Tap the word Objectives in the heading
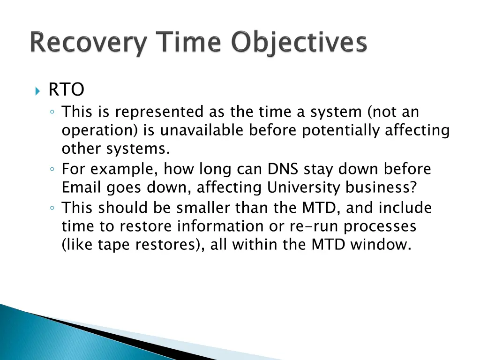click(299, 43)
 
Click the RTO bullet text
click(66, 90)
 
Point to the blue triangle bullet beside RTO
click(37, 91)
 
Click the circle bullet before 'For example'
click(52, 169)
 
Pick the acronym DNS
click(283, 169)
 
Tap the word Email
click(81, 187)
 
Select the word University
click(303, 187)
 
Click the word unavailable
click(202, 130)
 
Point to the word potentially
click(341, 130)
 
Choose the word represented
click(159, 112)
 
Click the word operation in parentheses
click(100, 130)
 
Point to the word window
click(381, 245)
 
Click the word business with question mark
click(381, 187)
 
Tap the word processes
click(380, 226)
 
